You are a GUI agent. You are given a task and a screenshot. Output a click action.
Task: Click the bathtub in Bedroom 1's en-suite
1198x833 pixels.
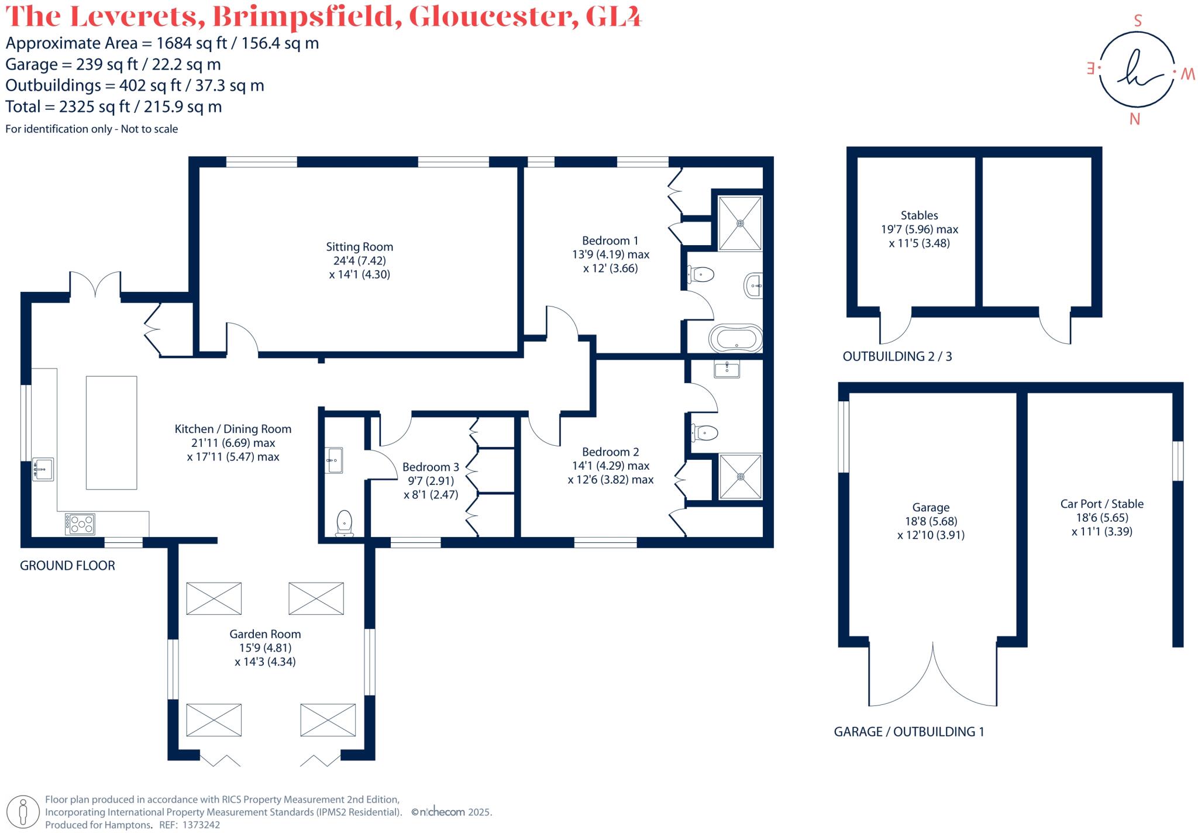(735, 339)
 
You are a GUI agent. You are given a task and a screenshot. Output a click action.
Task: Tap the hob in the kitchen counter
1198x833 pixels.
(80, 524)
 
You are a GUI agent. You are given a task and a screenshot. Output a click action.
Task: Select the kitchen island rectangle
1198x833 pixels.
(111, 432)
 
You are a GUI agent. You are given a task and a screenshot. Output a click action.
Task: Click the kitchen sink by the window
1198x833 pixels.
(43, 469)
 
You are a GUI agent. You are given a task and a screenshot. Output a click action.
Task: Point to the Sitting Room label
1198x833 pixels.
(359, 247)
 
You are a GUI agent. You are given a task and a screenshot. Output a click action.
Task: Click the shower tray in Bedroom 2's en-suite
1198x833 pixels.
(741, 476)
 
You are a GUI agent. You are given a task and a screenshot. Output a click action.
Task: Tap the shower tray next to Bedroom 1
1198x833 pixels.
(740, 223)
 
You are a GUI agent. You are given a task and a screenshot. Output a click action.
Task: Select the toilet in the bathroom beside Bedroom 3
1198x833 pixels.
(345, 522)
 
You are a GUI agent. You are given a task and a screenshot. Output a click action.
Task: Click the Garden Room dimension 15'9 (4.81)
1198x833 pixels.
(265, 648)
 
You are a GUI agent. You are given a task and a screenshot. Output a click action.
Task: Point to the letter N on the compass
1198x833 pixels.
(1134, 119)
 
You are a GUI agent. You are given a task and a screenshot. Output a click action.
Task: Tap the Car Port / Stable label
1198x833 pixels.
(1101, 504)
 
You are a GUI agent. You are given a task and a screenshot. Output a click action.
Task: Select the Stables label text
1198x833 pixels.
(919, 215)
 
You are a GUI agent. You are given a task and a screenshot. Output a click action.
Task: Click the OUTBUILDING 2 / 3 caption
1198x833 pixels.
(897, 356)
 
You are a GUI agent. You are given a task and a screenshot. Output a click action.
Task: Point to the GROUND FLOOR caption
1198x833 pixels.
(67, 566)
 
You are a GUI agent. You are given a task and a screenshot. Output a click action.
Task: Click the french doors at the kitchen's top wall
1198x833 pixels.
(95, 285)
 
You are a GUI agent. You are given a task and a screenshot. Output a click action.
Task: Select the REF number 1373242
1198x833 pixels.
(201, 825)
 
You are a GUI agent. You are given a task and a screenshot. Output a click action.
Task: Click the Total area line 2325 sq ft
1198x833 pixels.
(113, 106)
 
